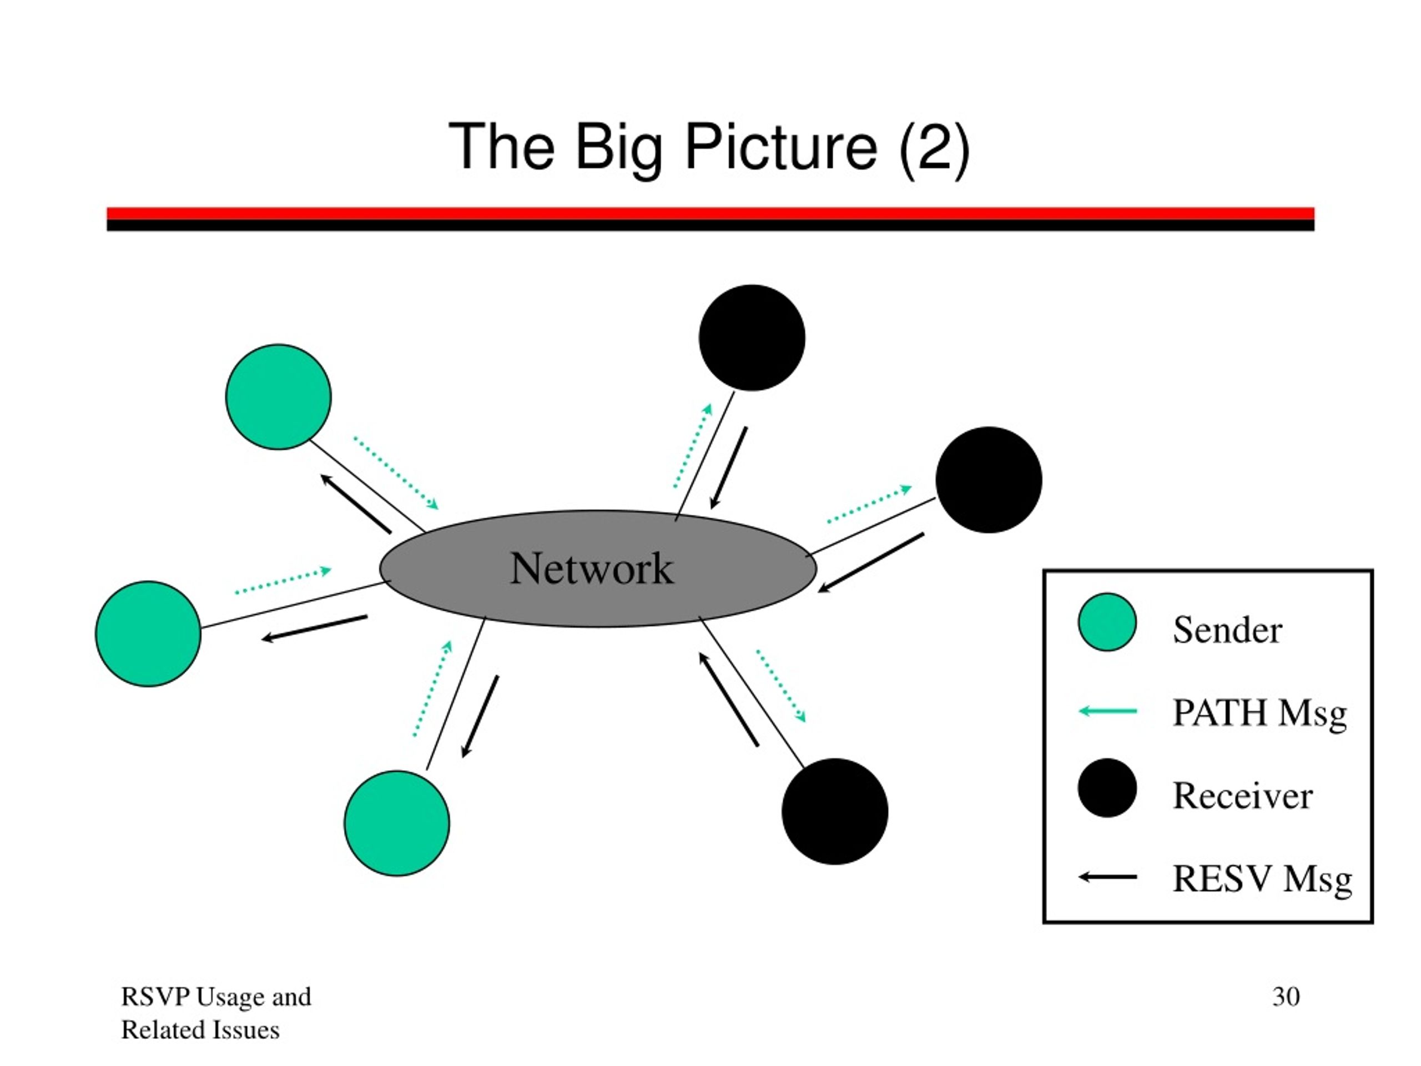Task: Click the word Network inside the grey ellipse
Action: pyautogui.click(x=592, y=569)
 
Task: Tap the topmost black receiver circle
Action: pyautogui.click(x=752, y=338)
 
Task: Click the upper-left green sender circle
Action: pyautogui.click(x=278, y=396)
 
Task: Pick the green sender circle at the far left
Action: pyautogui.click(x=148, y=633)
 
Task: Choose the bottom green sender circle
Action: pyautogui.click(x=397, y=823)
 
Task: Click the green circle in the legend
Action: pyautogui.click(x=1107, y=622)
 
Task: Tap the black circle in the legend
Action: pyautogui.click(x=1107, y=788)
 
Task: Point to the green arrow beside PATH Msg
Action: pyautogui.click(x=1107, y=711)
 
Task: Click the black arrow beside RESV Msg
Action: pyautogui.click(x=1107, y=877)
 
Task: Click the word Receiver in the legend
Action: pyautogui.click(x=1242, y=796)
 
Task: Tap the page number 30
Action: pyautogui.click(x=1286, y=997)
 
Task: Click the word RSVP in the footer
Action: pyautogui.click(x=155, y=997)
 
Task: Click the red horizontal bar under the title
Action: pyautogui.click(x=710, y=213)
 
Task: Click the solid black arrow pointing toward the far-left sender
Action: pyautogui.click(x=314, y=628)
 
